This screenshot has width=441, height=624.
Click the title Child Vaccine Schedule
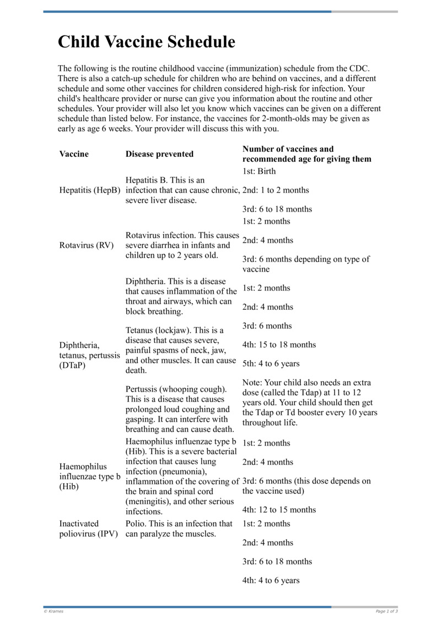(147, 42)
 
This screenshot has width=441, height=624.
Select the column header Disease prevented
(159, 154)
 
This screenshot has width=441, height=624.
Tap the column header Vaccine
(74, 154)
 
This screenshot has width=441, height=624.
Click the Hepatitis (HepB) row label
(89, 190)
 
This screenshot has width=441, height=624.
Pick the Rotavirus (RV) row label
(86, 245)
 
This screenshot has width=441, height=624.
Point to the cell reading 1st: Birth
(259, 171)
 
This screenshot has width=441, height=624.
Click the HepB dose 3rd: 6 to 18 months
(277, 209)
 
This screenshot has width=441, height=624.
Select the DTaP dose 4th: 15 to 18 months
(279, 345)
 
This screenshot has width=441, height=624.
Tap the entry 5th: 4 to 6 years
(271, 364)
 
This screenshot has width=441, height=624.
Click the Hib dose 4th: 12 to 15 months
(279, 510)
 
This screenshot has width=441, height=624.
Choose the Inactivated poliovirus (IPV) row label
(88, 529)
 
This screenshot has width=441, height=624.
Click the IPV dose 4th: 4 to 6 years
(271, 580)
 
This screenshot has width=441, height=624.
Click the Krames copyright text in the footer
(53, 611)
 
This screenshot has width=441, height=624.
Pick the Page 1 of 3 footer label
(386, 611)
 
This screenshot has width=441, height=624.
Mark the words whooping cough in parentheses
(194, 389)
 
